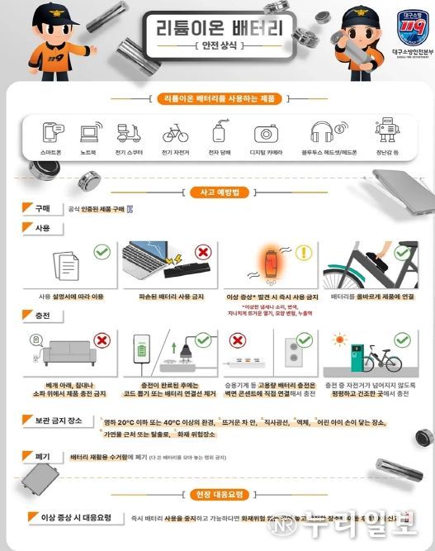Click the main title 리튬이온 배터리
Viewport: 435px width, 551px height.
[x=217, y=28]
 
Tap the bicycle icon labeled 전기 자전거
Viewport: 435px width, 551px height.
[x=175, y=133]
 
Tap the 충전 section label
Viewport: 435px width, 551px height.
[x=39, y=316]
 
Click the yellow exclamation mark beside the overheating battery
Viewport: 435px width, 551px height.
[x=305, y=253]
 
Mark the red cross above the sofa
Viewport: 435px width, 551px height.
[x=103, y=340]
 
